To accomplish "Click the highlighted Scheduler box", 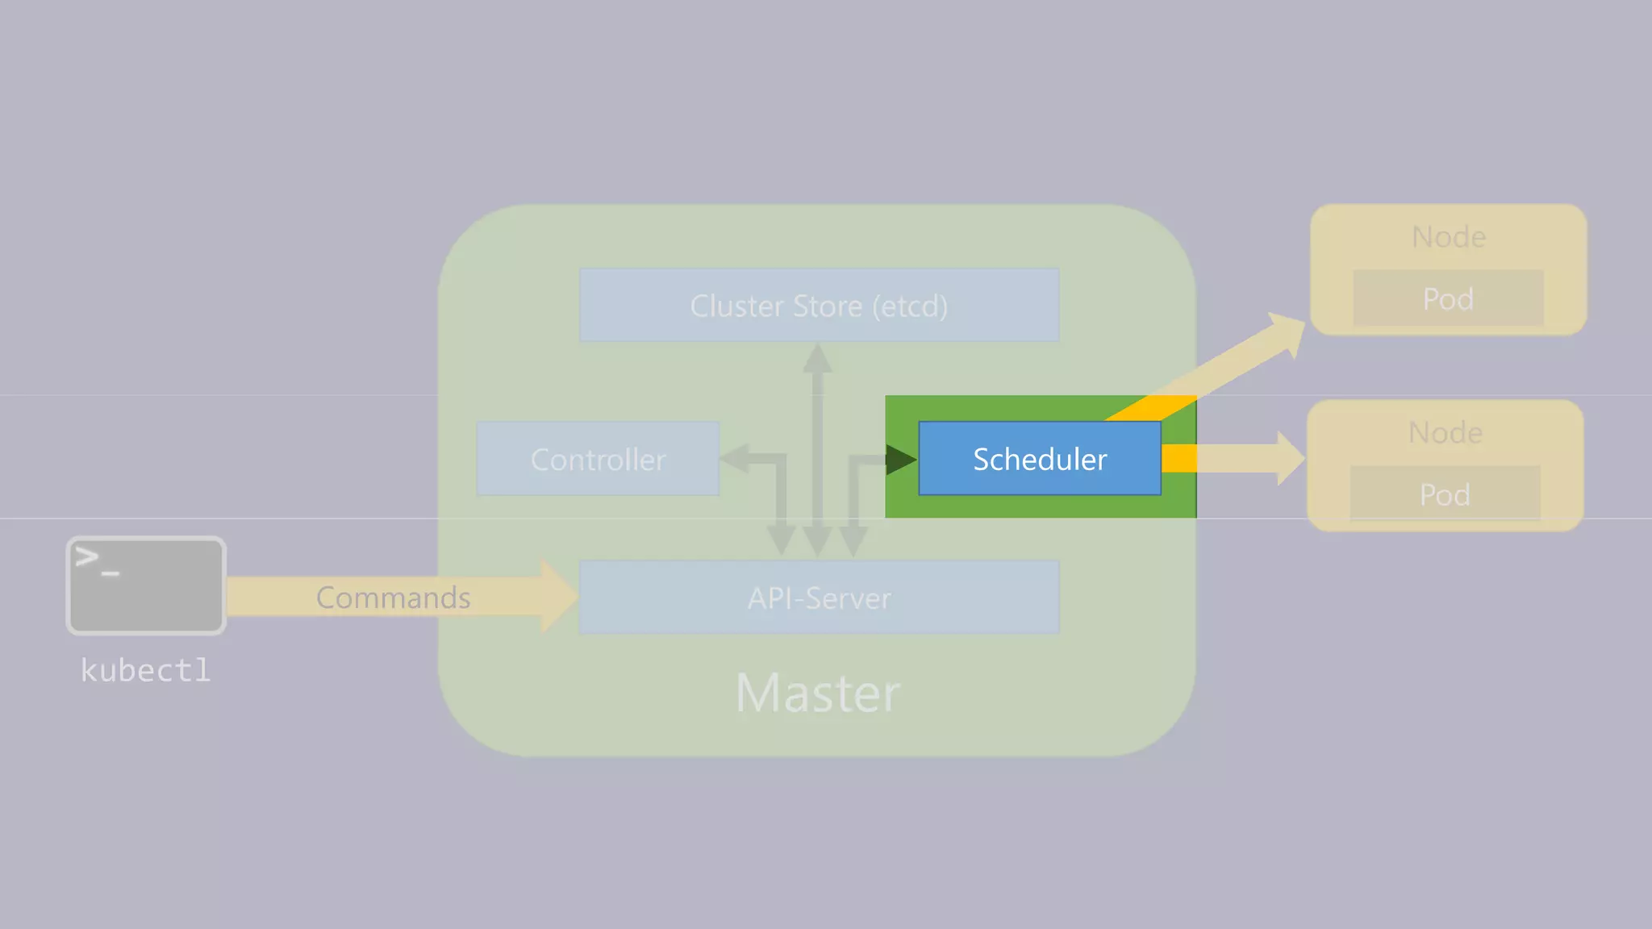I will [x=1040, y=458].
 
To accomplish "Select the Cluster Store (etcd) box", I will [x=819, y=305].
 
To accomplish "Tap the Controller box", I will [x=598, y=459].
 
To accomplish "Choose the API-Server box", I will [x=819, y=598].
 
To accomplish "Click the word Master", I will [x=818, y=693].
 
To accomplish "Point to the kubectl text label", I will [x=145, y=670].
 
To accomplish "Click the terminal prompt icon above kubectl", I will [x=145, y=585].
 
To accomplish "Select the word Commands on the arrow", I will [x=393, y=598].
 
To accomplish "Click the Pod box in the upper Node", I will [x=1448, y=298].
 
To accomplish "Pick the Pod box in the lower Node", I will [x=1445, y=494].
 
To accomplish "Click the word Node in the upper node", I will [x=1448, y=236].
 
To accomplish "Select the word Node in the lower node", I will [x=1445, y=432].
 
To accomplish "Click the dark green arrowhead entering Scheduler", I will [x=901, y=460].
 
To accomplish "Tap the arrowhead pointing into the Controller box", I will [x=733, y=458].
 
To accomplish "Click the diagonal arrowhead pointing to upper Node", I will [x=1287, y=332].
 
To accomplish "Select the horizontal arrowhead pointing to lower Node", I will [x=1290, y=458].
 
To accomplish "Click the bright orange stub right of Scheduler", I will [x=1179, y=458].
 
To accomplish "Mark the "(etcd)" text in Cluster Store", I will [x=910, y=306].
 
